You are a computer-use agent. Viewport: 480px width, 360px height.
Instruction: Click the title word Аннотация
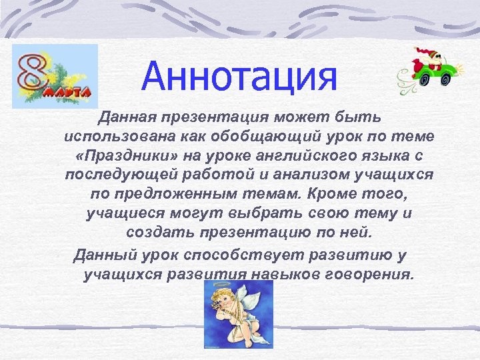(x=239, y=77)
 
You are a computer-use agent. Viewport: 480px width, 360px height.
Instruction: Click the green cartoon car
(x=429, y=69)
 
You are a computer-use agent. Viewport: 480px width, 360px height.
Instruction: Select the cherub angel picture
(x=238, y=313)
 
